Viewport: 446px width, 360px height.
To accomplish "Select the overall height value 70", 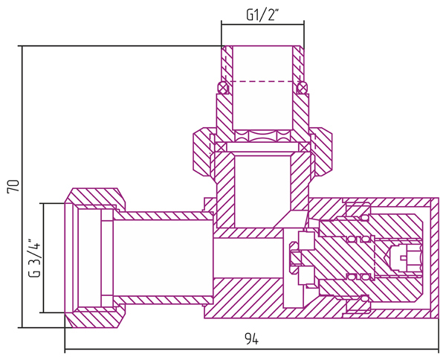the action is point(13,186).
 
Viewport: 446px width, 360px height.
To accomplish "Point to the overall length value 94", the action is point(252,339).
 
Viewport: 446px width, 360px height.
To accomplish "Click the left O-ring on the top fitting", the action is point(223,88).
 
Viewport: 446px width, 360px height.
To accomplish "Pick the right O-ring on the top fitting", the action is point(302,88).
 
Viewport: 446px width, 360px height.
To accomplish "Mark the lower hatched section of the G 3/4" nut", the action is point(95,317).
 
